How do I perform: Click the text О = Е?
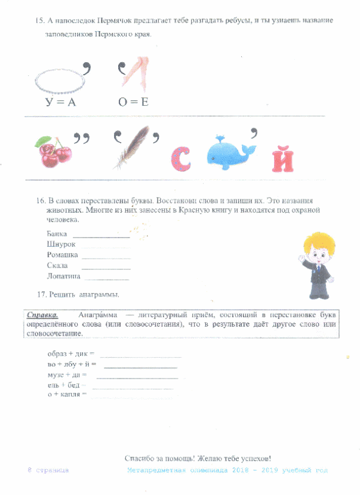133,102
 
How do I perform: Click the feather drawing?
132,147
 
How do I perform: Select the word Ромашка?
62,255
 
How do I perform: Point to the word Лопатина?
64,276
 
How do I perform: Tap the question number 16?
41,201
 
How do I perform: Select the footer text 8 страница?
48,471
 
